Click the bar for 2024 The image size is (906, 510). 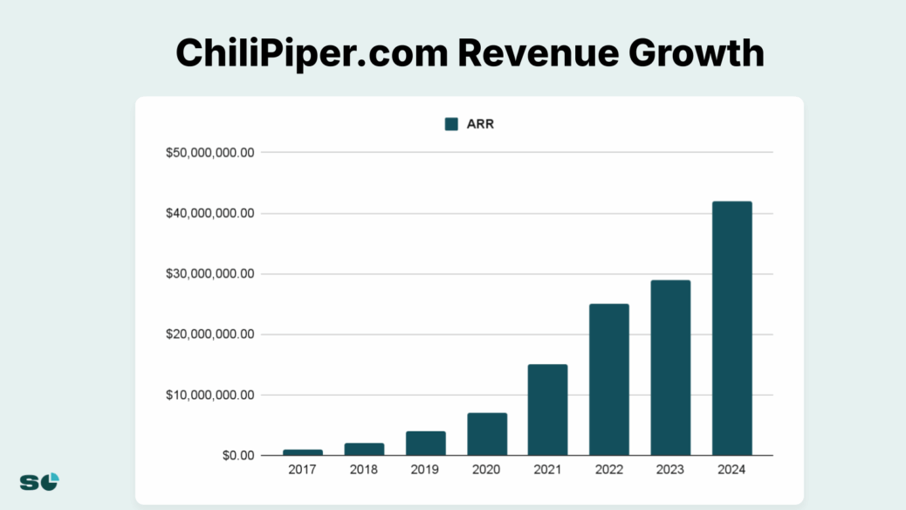click(731, 328)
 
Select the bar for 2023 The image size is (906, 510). click(670, 368)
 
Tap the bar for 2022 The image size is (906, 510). click(609, 380)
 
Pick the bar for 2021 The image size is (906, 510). click(547, 410)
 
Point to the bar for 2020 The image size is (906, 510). click(487, 434)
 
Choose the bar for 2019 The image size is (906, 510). click(425, 444)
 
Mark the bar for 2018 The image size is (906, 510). click(364, 449)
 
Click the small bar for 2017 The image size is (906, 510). click(303, 452)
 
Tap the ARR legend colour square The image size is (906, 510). click(451, 124)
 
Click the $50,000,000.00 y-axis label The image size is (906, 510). click(210, 153)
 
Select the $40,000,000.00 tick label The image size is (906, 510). click(210, 213)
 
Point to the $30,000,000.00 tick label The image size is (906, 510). click(210, 274)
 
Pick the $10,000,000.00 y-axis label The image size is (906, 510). click(210, 395)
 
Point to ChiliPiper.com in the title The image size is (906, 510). click(309, 53)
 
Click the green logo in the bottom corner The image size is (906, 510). click(39, 481)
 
